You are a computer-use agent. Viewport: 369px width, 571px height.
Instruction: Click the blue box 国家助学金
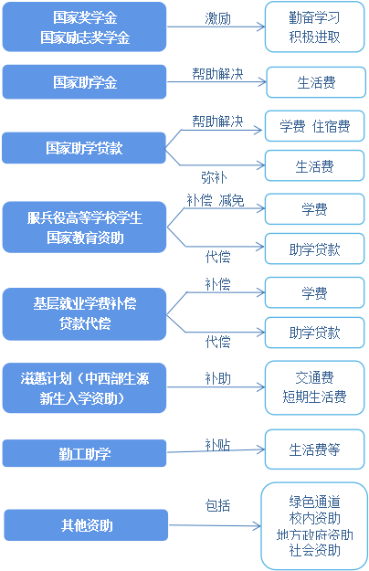tap(85, 81)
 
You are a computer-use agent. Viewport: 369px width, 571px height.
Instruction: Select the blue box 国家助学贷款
tap(85, 146)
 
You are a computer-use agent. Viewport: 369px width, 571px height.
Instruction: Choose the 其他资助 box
tap(85, 525)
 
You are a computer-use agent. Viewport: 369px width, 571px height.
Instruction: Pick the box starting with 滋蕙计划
tap(85, 387)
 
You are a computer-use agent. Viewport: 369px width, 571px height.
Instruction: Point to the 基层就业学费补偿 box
tap(85, 312)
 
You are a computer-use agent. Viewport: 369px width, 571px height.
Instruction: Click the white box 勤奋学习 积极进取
tap(313, 28)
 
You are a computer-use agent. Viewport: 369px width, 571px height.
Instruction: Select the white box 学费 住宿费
tap(313, 126)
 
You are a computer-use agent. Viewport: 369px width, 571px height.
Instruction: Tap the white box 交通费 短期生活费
tap(313, 387)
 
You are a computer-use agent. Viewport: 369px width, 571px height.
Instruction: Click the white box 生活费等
tap(313, 449)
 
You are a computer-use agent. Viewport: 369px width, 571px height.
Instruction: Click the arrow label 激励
tap(218, 19)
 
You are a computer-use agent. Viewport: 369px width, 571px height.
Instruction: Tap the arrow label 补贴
tap(217, 444)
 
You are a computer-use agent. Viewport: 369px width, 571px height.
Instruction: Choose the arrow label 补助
tap(217, 377)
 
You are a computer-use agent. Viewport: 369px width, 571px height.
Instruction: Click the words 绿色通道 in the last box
tap(313, 502)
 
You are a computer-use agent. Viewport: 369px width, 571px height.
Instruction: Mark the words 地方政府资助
tap(313, 534)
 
